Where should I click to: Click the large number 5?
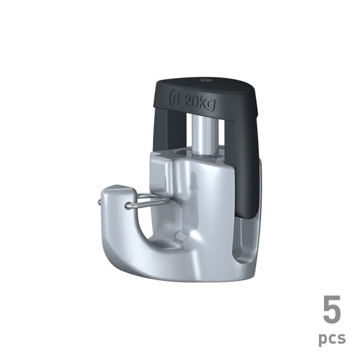click(x=332, y=310)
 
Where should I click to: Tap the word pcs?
click(x=332, y=338)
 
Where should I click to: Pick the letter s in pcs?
click(x=341, y=338)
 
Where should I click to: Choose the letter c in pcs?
click(x=332, y=338)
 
